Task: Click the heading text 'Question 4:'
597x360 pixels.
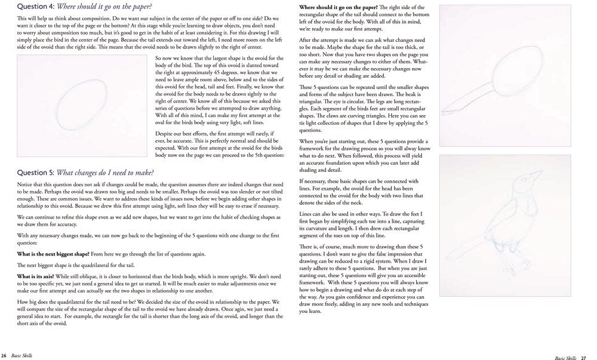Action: (x=36, y=7)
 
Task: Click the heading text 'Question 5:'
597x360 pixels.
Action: (x=36, y=173)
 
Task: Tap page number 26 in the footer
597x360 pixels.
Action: (x=4, y=355)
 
